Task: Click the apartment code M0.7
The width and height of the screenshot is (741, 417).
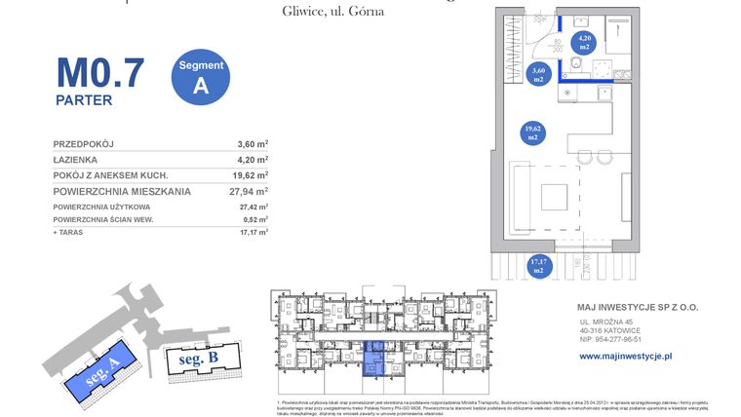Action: point(99,73)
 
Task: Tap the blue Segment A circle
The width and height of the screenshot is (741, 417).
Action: point(201,76)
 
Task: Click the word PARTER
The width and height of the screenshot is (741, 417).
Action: point(84,99)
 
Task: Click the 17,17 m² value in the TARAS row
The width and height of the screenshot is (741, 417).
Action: point(253,233)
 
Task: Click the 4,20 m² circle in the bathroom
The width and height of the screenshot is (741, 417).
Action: point(584,42)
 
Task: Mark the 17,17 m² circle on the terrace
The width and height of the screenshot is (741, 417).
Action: point(538,264)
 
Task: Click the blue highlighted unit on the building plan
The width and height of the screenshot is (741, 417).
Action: point(373,360)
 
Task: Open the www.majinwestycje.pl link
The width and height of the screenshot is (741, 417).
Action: point(625,357)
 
